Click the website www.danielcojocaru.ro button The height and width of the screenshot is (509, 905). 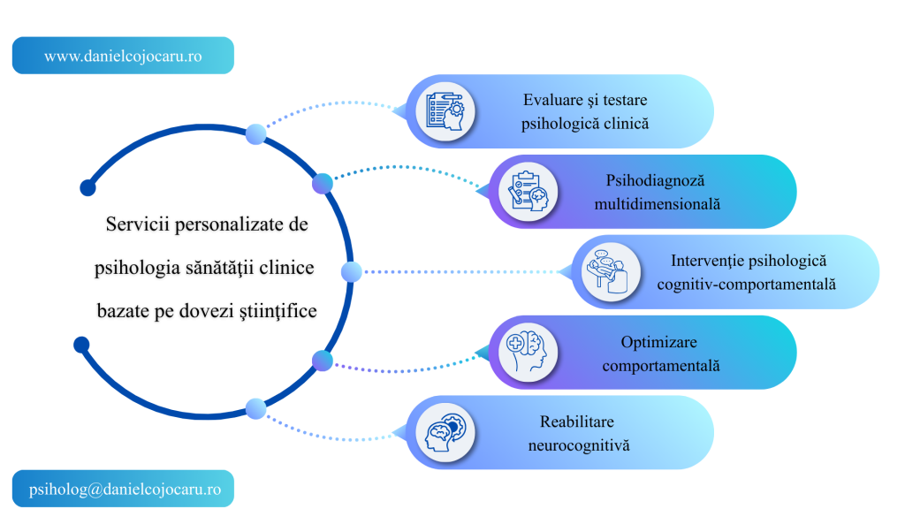coord(123,56)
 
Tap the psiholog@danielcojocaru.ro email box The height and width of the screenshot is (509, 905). coord(123,488)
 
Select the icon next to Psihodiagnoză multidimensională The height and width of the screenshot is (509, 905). coord(529,193)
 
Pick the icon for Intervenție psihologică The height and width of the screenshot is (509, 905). coord(612,272)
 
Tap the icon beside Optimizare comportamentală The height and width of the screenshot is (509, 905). coord(529,353)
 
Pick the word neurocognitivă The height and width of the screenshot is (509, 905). coord(579,445)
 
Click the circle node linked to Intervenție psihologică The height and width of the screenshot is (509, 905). coord(351,272)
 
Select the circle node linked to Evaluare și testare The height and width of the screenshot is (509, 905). coord(255,134)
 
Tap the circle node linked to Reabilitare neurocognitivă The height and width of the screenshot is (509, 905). coord(255,408)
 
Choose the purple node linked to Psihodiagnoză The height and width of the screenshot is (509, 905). coord(323,184)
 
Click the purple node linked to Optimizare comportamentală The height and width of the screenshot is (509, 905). coord(323,361)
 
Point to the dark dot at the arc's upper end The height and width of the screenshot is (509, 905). coord(87,187)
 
